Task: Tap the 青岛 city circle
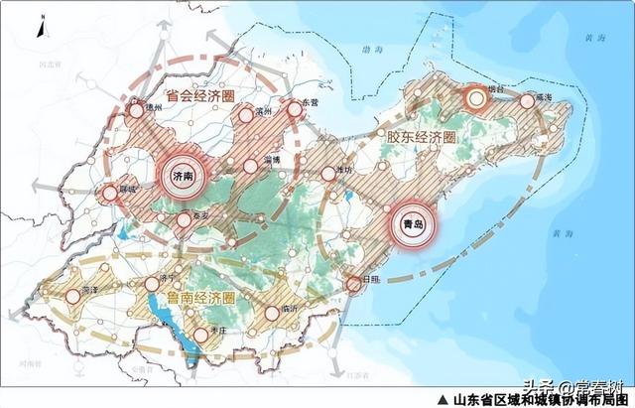click(411, 225)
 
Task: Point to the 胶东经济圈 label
click(418, 137)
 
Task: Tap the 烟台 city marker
click(477, 97)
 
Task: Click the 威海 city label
click(543, 99)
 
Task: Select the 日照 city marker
click(354, 284)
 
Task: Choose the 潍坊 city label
click(344, 171)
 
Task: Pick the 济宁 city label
click(168, 280)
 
